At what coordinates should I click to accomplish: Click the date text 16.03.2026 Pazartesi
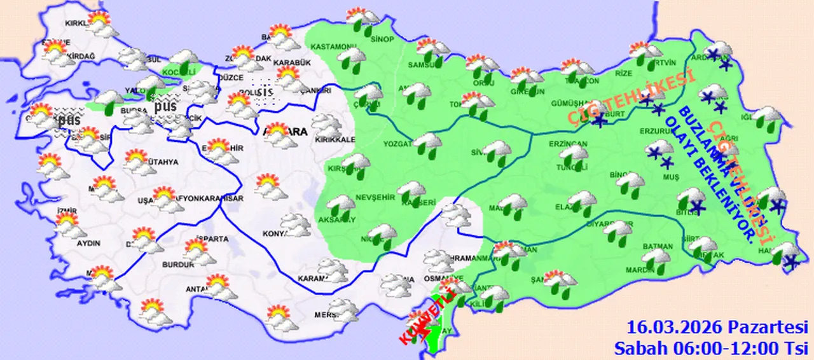click(x=717, y=328)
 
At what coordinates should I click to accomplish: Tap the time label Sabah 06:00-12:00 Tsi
click(x=710, y=347)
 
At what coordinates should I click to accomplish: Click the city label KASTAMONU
click(x=333, y=47)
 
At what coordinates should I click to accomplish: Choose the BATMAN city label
click(x=658, y=246)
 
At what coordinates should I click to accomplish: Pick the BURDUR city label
click(x=179, y=265)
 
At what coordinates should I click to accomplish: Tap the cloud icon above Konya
click(x=296, y=223)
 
